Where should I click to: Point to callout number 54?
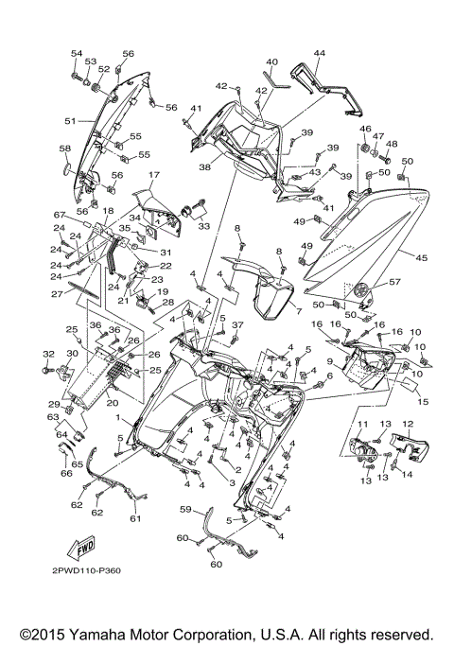click(x=77, y=53)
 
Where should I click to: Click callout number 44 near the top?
click(x=319, y=53)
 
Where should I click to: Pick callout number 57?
click(x=394, y=282)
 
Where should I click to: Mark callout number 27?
click(x=57, y=294)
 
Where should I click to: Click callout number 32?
click(x=48, y=354)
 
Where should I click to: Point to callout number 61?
click(x=133, y=518)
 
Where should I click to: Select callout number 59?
click(x=186, y=509)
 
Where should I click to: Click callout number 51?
click(x=69, y=121)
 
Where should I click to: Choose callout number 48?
click(x=392, y=144)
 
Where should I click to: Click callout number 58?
click(x=64, y=149)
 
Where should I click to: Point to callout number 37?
click(x=238, y=324)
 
